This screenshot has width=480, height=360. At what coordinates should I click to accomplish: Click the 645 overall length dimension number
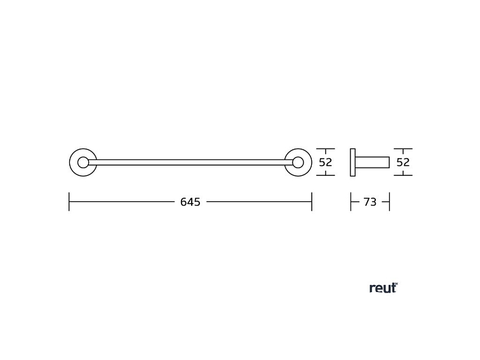(190, 202)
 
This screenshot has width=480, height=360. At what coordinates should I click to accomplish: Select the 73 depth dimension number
(370, 202)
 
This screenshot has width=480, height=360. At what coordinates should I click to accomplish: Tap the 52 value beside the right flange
(326, 163)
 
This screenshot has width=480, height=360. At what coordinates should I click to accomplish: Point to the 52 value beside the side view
(403, 163)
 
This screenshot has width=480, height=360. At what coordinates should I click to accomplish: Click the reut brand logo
(383, 288)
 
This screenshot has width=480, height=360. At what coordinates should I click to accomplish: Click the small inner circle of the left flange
(83, 163)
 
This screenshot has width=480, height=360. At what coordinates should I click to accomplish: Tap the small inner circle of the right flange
(298, 163)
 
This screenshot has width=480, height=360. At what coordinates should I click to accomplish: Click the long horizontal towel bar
(190, 163)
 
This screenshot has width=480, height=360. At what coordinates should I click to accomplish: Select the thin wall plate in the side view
(352, 163)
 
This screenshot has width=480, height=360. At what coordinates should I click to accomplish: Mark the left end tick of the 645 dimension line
(69, 202)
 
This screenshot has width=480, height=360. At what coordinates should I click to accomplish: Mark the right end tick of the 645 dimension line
(312, 202)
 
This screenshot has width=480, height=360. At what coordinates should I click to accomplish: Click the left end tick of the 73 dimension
(350, 202)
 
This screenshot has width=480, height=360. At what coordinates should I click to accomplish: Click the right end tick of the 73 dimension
(390, 202)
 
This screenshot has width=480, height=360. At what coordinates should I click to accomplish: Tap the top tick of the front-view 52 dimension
(326, 149)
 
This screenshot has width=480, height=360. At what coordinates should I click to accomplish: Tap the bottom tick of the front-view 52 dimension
(326, 176)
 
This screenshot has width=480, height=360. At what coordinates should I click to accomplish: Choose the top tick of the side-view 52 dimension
(403, 149)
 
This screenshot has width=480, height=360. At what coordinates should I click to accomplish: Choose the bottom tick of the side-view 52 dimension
(403, 176)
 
